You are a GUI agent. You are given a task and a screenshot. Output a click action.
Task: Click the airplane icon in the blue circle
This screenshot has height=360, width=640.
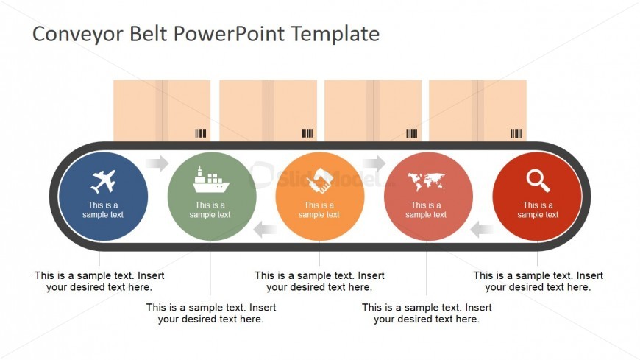click(x=103, y=181)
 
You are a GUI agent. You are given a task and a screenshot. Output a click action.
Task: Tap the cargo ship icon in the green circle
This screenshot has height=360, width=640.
click(x=211, y=180)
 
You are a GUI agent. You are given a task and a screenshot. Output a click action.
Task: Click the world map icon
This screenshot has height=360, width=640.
click(x=426, y=182)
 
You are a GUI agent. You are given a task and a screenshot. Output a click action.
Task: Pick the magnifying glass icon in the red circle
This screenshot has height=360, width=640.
click(x=538, y=180)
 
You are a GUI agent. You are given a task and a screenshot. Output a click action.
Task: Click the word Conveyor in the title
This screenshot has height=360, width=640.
click(x=77, y=34)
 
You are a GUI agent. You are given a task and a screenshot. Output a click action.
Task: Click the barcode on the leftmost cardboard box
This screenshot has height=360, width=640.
click(x=200, y=133)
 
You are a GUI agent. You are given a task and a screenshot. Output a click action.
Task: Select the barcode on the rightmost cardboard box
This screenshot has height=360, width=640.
click(x=516, y=133)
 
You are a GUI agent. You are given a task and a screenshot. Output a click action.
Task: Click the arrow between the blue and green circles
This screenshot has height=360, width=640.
click(x=157, y=163)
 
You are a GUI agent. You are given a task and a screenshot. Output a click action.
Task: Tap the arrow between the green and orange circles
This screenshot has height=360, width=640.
click(x=265, y=230)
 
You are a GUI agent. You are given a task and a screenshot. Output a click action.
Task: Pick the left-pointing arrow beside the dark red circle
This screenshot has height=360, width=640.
click(x=482, y=230)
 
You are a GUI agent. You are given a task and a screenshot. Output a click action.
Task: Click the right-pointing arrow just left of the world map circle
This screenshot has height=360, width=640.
click(x=374, y=163)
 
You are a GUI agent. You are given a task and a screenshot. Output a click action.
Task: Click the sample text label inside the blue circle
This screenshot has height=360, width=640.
click(x=103, y=210)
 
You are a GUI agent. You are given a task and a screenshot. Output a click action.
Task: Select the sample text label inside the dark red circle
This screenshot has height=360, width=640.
click(x=538, y=210)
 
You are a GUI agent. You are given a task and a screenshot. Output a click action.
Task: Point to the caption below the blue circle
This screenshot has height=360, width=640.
click(x=99, y=281)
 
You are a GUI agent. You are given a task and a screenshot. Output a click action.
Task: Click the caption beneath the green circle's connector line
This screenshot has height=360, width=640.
click(x=211, y=313)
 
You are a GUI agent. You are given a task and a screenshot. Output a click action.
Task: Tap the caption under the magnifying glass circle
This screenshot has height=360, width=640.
click(x=538, y=281)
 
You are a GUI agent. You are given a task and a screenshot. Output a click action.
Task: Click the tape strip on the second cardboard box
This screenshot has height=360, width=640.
click(x=269, y=110)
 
